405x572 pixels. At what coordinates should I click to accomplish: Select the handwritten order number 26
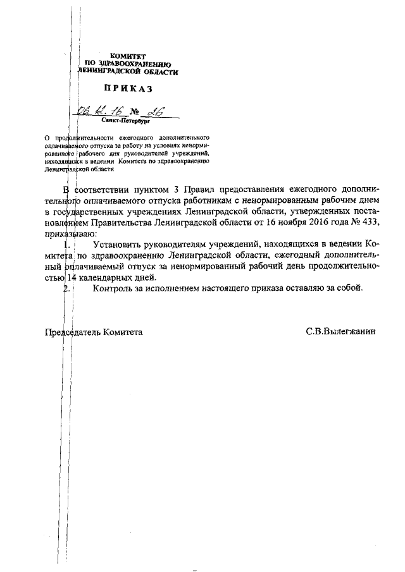(154, 112)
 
